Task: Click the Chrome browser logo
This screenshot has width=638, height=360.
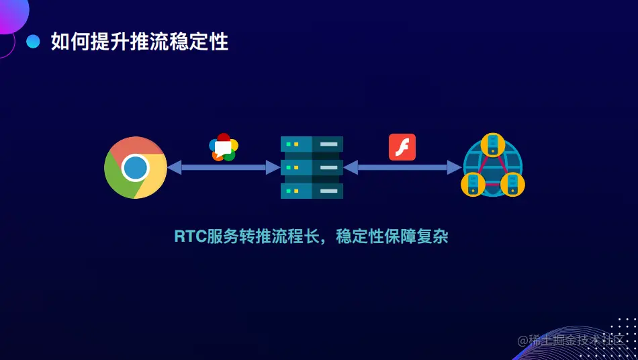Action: click(136, 167)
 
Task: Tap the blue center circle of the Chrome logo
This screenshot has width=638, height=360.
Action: click(136, 167)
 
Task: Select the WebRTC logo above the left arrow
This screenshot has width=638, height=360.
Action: click(224, 146)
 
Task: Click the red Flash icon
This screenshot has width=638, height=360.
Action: click(402, 147)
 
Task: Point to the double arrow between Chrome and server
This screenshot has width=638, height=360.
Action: click(224, 167)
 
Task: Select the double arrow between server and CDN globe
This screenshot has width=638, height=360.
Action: click(402, 167)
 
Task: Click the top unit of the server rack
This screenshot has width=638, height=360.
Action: click(312, 144)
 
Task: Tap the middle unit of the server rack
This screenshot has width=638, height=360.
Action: click(312, 167)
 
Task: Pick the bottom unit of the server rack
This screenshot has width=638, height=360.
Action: click(312, 190)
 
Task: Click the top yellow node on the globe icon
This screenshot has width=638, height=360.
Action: click(493, 144)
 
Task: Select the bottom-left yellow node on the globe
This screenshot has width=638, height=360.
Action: click(473, 184)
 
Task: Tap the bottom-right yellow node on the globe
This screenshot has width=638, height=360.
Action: click(512, 184)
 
